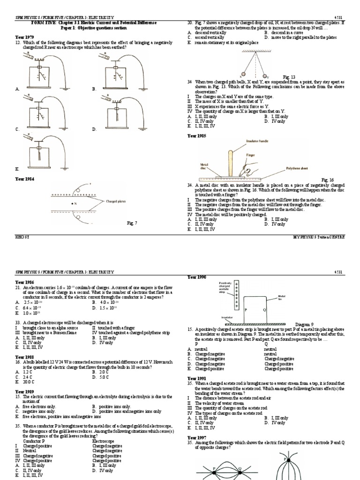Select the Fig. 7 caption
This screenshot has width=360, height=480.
click(132, 223)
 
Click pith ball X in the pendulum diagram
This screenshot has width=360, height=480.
click(242, 75)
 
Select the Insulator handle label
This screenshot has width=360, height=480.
click(258, 140)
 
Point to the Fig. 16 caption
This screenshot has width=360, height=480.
click(327, 180)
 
